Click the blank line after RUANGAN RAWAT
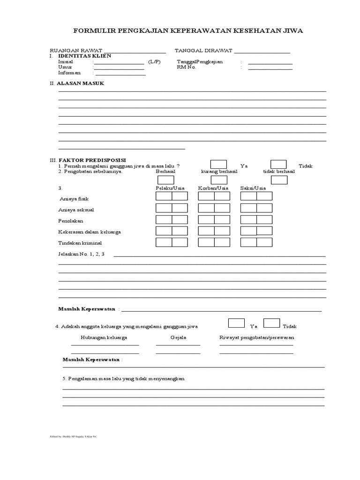click(x=135, y=52)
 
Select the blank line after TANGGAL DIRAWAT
click(x=262, y=52)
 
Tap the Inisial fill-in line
click(x=119, y=63)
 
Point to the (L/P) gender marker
click(x=154, y=61)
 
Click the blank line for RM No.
click(x=270, y=68)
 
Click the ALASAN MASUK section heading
click(x=80, y=83)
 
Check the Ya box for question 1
click(x=218, y=165)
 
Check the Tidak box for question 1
click(x=278, y=165)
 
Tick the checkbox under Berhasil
click(x=165, y=180)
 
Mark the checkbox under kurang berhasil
click(x=219, y=180)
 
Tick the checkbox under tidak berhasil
click(x=279, y=180)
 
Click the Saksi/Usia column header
click(x=253, y=188)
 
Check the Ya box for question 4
click(x=236, y=323)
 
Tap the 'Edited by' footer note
click(x=73, y=436)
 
